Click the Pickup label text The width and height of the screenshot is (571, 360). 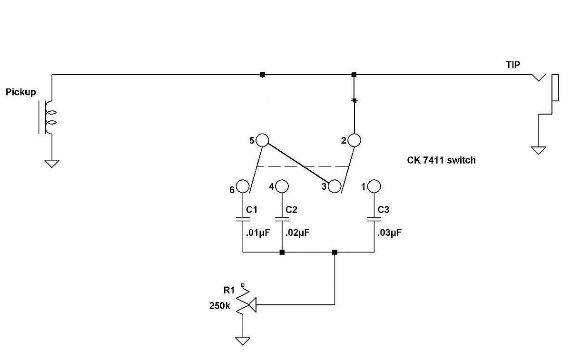[20, 92]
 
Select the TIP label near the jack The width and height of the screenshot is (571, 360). [513, 65]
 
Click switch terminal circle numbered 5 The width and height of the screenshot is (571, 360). [262, 140]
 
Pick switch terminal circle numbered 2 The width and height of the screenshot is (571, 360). [354, 140]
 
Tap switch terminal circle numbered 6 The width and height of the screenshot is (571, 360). [243, 186]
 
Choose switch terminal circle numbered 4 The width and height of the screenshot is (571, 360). [282, 186]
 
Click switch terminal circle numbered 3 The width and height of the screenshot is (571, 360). [335, 186]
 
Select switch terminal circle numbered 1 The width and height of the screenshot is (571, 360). [374, 186]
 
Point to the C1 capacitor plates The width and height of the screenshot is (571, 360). [243, 219]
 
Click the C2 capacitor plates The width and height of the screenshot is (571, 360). [282, 219]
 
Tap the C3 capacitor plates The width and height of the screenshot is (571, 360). [374, 219]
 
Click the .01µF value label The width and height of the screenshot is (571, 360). [258, 233]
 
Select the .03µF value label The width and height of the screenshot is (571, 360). [389, 233]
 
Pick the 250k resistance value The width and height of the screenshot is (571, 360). [219, 306]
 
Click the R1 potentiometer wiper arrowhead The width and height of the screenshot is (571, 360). [252, 305]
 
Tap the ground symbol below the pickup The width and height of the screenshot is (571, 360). [52, 164]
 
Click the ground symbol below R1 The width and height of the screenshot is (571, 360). [242, 341]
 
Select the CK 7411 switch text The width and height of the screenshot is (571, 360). [441, 160]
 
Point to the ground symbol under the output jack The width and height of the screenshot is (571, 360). [538, 150]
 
